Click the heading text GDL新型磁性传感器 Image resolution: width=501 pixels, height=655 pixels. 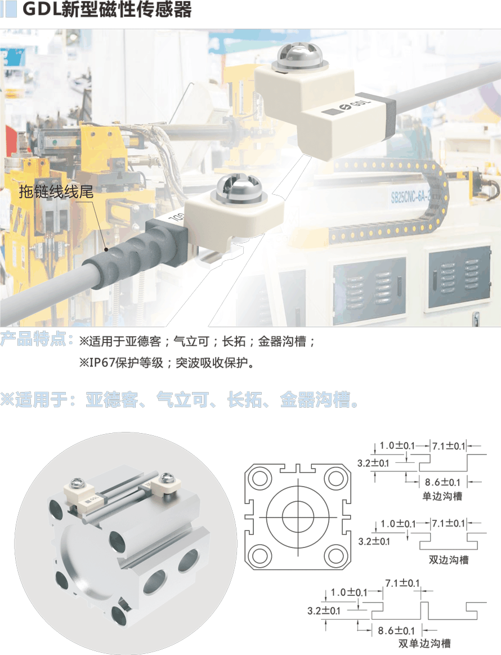[107, 9]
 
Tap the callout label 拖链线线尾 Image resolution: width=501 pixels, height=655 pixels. [56, 191]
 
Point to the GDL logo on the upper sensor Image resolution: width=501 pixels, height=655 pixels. [348, 106]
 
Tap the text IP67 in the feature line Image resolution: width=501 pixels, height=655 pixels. [102, 362]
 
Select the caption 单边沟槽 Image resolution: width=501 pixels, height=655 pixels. [442, 496]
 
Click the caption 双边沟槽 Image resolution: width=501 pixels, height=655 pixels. [449, 560]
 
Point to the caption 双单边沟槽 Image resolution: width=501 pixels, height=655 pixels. [424, 643]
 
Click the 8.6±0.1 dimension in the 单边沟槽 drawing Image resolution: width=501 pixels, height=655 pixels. [442, 482]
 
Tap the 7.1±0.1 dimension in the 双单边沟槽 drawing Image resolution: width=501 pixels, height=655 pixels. [402, 583]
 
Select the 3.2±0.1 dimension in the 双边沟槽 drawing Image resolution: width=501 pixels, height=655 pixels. [374, 541]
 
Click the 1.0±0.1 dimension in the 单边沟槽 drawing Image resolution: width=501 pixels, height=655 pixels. [397, 445]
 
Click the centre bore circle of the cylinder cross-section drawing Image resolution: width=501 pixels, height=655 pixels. [298, 517]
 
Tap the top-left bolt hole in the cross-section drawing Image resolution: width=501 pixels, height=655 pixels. [260, 478]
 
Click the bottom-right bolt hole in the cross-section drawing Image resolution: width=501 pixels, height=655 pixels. [336, 556]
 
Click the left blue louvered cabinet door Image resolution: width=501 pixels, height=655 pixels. [369, 286]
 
